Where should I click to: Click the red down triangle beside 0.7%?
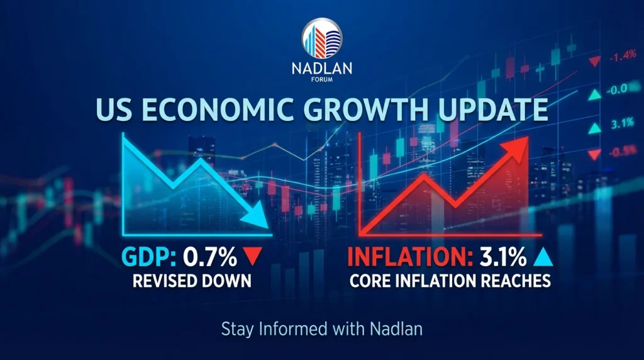(252, 257)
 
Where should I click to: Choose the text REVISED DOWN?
(191, 281)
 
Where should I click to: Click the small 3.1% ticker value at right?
(623, 124)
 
